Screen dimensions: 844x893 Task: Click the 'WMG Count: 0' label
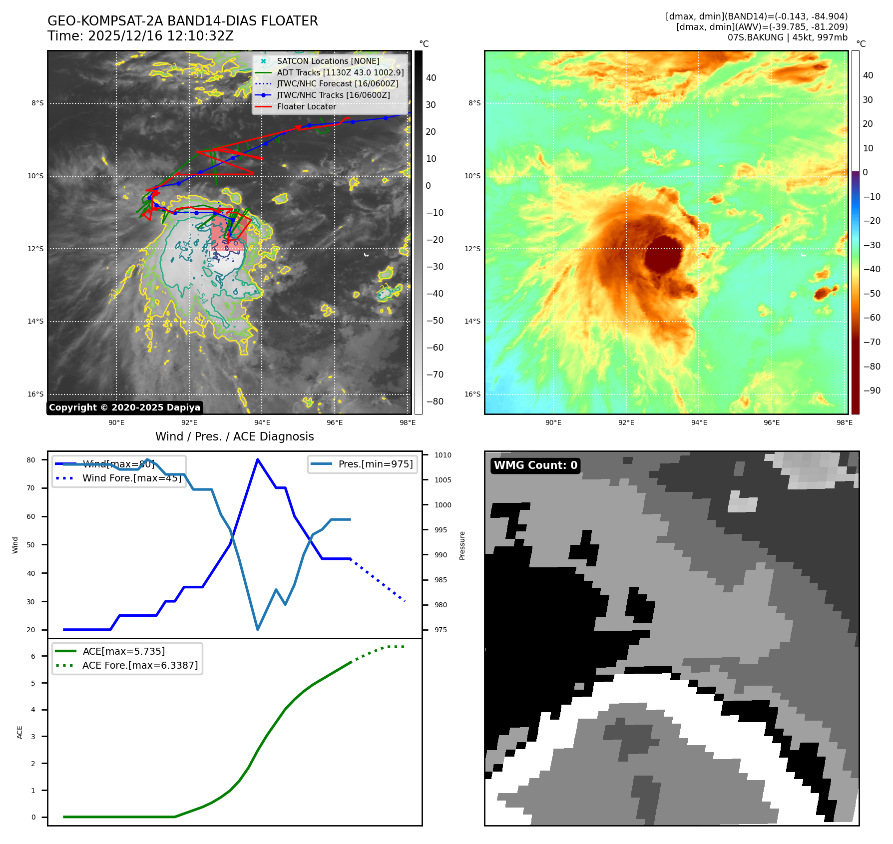[x=535, y=465]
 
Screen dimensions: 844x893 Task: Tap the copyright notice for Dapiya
[x=125, y=408]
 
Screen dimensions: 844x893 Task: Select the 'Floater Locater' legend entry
[x=306, y=106]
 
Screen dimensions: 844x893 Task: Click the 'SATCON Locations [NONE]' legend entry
[x=328, y=61]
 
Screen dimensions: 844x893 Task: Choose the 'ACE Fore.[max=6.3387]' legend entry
[x=140, y=665]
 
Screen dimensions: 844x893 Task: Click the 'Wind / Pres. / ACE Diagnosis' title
[x=235, y=436]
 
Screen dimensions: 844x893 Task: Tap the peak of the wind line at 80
[x=258, y=459]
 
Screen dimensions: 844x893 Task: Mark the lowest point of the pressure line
[x=258, y=629]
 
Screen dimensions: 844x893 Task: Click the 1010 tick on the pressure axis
[x=443, y=455]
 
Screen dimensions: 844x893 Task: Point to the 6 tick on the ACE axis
[x=33, y=656]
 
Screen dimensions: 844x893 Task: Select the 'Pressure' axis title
[x=462, y=545]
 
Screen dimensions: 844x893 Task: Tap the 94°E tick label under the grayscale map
[x=262, y=422]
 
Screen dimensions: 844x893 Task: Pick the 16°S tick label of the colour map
[x=472, y=394]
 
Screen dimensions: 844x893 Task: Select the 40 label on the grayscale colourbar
[x=431, y=78]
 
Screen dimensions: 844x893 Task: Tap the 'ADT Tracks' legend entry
[x=340, y=72]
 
